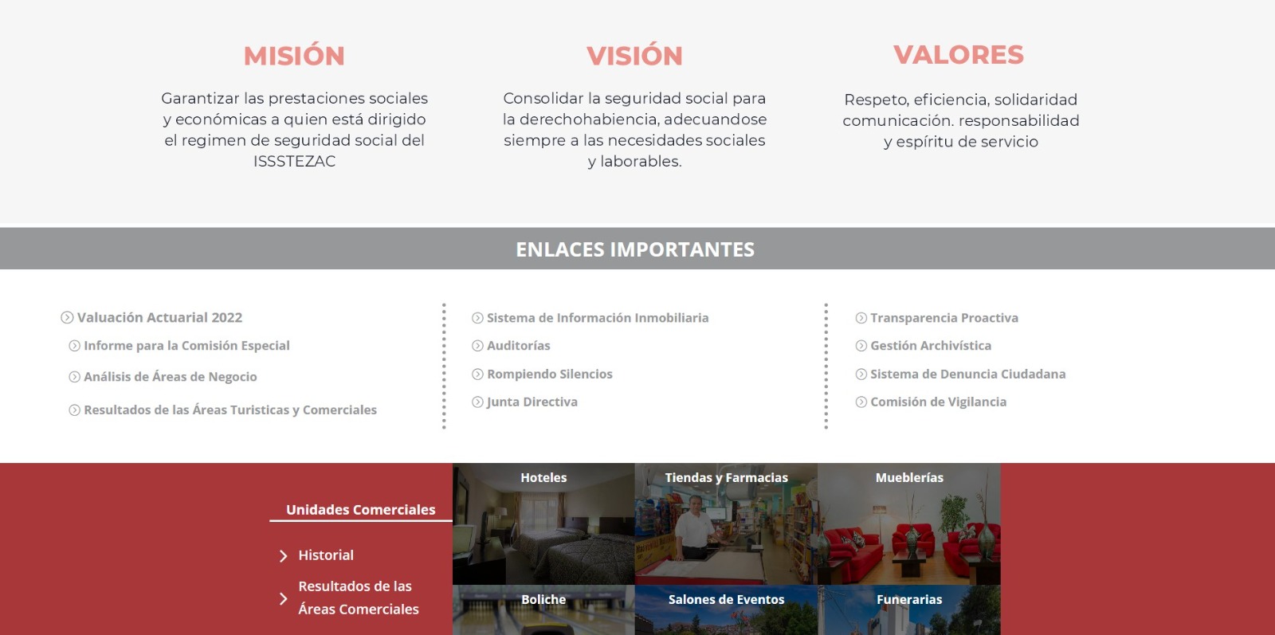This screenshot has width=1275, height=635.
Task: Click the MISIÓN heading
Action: (294, 56)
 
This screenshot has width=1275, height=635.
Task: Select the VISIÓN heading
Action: (634, 56)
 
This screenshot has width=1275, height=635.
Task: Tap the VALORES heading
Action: (959, 55)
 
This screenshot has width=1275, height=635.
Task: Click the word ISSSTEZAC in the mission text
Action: (294, 162)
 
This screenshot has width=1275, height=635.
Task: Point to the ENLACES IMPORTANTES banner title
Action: (635, 249)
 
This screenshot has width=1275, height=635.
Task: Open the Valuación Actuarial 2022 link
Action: (159, 317)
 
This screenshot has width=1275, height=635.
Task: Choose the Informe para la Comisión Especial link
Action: (186, 345)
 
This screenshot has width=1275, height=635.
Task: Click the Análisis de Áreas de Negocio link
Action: (171, 377)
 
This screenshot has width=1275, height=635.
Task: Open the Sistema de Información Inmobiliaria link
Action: (598, 317)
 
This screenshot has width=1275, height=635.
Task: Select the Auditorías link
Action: (519, 345)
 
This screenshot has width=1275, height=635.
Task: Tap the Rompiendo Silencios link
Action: (550, 374)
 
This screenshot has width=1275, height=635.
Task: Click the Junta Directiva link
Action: (532, 402)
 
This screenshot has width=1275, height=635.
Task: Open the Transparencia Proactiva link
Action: (944, 317)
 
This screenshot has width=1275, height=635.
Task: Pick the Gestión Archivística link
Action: (931, 345)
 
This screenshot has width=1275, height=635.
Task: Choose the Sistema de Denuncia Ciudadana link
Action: (967, 374)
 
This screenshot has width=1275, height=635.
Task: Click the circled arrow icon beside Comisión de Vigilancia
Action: (861, 402)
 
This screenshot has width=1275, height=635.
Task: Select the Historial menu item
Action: (326, 555)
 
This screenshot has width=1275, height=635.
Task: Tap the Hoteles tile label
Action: (543, 477)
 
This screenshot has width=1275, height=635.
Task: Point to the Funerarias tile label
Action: (909, 599)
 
